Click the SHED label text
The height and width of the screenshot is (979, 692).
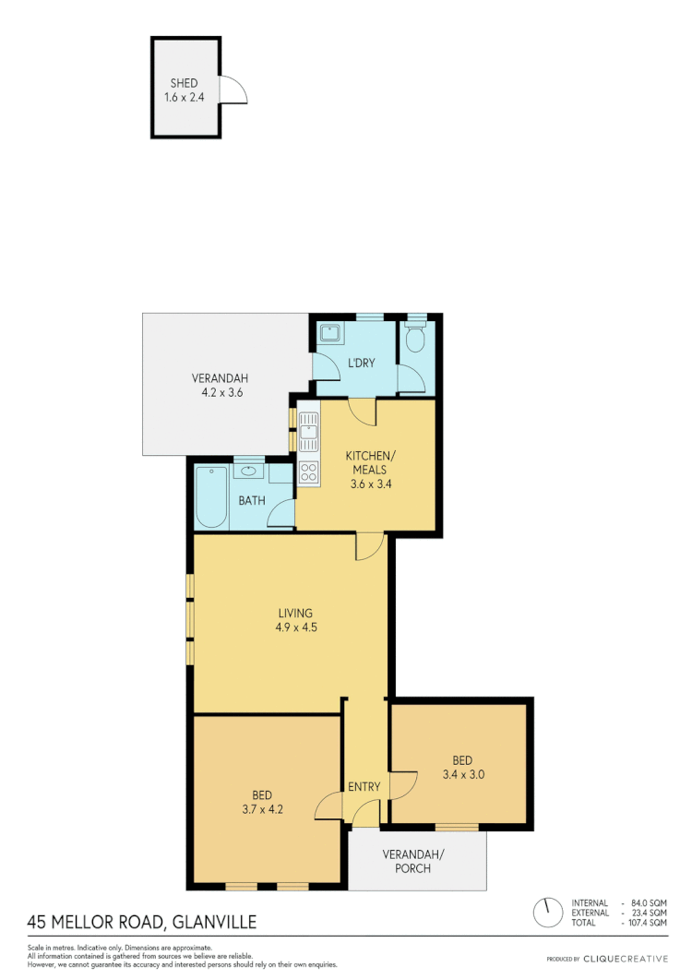pyautogui.click(x=185, y=83)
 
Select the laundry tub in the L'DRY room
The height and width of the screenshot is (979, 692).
pyautogui.click(x=330, y=334)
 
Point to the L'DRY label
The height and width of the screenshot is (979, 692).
pyautogui.click(x=360, y=363)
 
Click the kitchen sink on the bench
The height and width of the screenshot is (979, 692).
pyautogui.click(x=308, y=428)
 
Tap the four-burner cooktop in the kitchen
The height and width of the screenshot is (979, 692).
pyautogui.click(x=308, y=472)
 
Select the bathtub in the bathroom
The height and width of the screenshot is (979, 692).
pyautogui.click(x=211, y=498)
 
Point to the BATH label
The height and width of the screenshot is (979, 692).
pyautogui.click(x=252, y=501)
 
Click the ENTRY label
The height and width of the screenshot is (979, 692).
pyautogui.click(x=364, y=787)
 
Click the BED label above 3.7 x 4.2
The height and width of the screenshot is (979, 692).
pyautogui.click(x=262, y=794)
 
